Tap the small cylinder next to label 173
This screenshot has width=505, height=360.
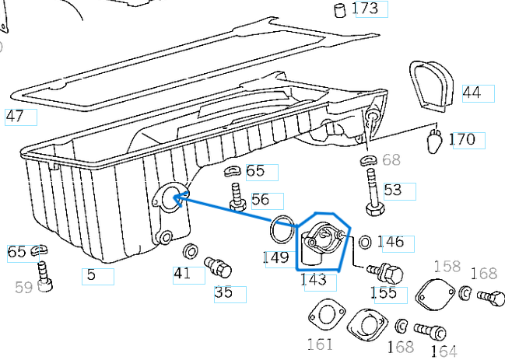[x=339, y=9]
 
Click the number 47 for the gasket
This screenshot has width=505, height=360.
[x=19, y=117]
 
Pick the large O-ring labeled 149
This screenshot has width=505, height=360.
[x=282, y=231]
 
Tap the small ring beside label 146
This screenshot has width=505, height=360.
[x=365, y=243]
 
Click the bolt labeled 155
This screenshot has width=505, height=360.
[x=386, y=273]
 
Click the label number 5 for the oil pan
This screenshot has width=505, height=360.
[x=92, y=274]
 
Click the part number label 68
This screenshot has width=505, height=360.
[x=391, y=160]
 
